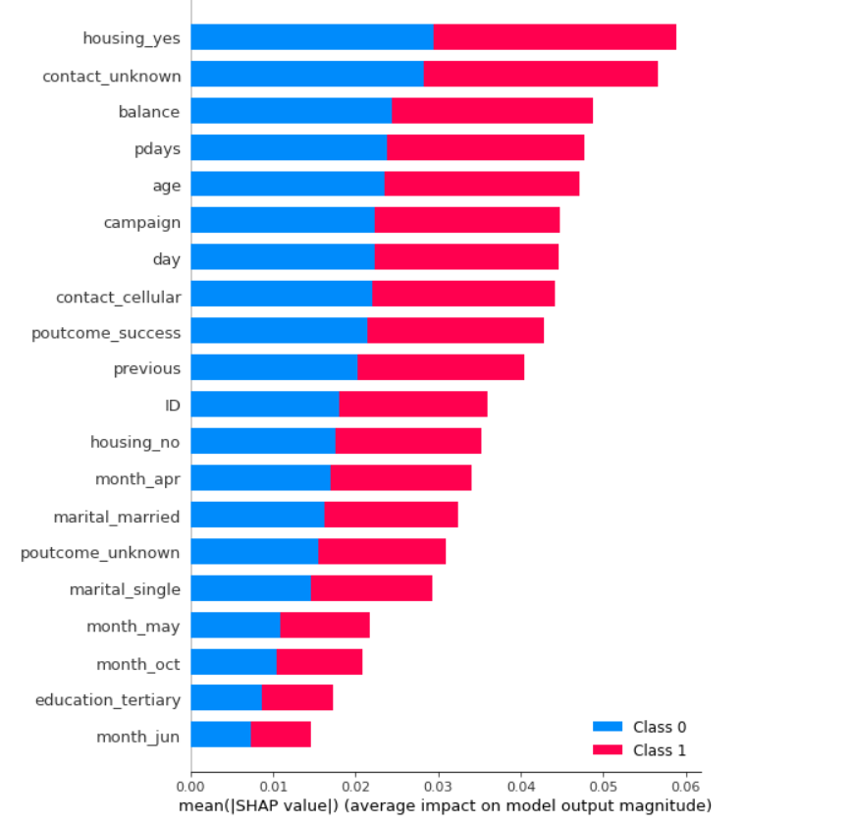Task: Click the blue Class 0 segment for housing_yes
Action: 311,37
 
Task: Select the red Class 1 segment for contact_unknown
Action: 540,75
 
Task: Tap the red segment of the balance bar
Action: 492,111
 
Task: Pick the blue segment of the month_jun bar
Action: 220,735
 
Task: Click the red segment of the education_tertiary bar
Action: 297,698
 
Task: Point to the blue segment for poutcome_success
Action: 278,331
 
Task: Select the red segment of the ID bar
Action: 412,405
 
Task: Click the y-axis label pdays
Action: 157,148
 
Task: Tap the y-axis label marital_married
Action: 117,516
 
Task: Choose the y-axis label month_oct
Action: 137,664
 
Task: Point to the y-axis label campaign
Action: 141,222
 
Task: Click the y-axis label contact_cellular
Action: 118,296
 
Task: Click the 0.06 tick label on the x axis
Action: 685,787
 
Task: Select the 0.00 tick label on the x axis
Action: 190,787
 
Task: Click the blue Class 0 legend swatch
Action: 608,727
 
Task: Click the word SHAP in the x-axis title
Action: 276,806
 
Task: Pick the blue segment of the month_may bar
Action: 235,625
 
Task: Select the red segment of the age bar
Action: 481,185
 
